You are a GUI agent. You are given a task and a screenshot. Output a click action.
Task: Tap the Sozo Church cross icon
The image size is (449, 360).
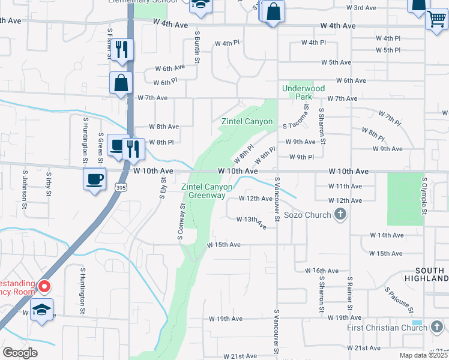click(340, 214)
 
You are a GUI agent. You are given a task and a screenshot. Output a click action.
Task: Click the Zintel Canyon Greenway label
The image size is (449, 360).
click(203, 191)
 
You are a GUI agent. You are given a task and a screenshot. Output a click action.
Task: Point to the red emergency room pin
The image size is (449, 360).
click(44, 286)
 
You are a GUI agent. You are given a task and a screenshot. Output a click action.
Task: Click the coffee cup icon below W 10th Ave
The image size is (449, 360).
click(95, 179)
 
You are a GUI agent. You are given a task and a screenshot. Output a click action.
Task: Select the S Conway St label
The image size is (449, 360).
click(181, 223)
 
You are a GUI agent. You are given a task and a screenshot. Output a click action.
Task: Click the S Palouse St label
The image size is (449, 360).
click(399, 300)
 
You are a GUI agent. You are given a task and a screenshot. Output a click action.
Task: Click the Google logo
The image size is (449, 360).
click(20, 353)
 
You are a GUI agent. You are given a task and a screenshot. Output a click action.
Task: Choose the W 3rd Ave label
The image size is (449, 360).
click(361, 8)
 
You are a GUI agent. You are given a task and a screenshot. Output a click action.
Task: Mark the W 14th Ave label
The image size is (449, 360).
click(387, 235)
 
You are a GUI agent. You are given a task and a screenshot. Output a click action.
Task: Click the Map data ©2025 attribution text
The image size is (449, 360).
click(424, 355)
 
